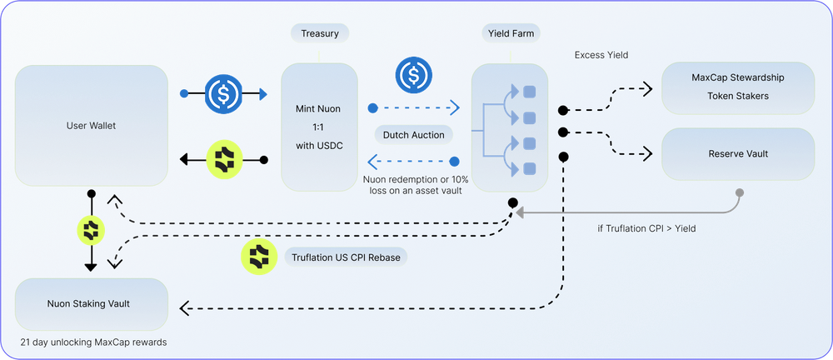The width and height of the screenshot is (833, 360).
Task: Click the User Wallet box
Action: [x=89, y=126]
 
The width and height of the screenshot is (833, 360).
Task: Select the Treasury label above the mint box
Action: [x=319, y=33]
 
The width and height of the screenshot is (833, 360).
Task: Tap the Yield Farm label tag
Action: [x=509, y=33]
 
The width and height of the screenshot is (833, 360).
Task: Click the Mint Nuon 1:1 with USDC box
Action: [x=319, y=127]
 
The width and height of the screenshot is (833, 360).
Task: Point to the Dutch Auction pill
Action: [x=414, y=133]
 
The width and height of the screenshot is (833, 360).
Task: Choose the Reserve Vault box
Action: [x=737, y=154]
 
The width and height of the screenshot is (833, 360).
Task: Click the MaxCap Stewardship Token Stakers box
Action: [x=737, y=87]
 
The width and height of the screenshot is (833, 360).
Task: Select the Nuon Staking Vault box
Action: [x=91, y=303]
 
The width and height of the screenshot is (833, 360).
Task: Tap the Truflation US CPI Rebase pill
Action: [x=346, y=257]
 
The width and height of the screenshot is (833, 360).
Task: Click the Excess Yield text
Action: [x=601, y=55]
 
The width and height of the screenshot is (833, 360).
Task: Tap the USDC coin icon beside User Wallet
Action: [x=223, y=93]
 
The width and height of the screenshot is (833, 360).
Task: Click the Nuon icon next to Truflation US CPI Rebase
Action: [x=259, y=257]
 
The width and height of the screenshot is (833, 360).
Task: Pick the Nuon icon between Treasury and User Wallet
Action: [x=223, y=158]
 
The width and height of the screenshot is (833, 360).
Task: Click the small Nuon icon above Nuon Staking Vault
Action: [x=91, y=229]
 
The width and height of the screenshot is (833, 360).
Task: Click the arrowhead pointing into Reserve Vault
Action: [x=648, y=154]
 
